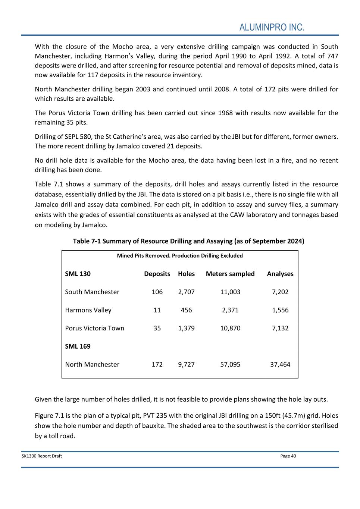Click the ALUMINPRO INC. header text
272,28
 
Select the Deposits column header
157,274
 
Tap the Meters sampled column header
230,274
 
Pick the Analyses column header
280,274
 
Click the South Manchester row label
92,292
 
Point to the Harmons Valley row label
88,310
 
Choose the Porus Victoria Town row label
94,328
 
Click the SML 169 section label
78,346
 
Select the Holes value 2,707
186,292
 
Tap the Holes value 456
186,310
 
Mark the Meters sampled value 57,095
230,364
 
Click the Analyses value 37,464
280,364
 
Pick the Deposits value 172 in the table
157,364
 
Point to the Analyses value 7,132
280,328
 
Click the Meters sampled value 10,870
230,328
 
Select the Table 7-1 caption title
188,241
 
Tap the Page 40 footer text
288,456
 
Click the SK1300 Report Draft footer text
42,456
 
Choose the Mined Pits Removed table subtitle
180,256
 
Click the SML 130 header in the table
78,274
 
